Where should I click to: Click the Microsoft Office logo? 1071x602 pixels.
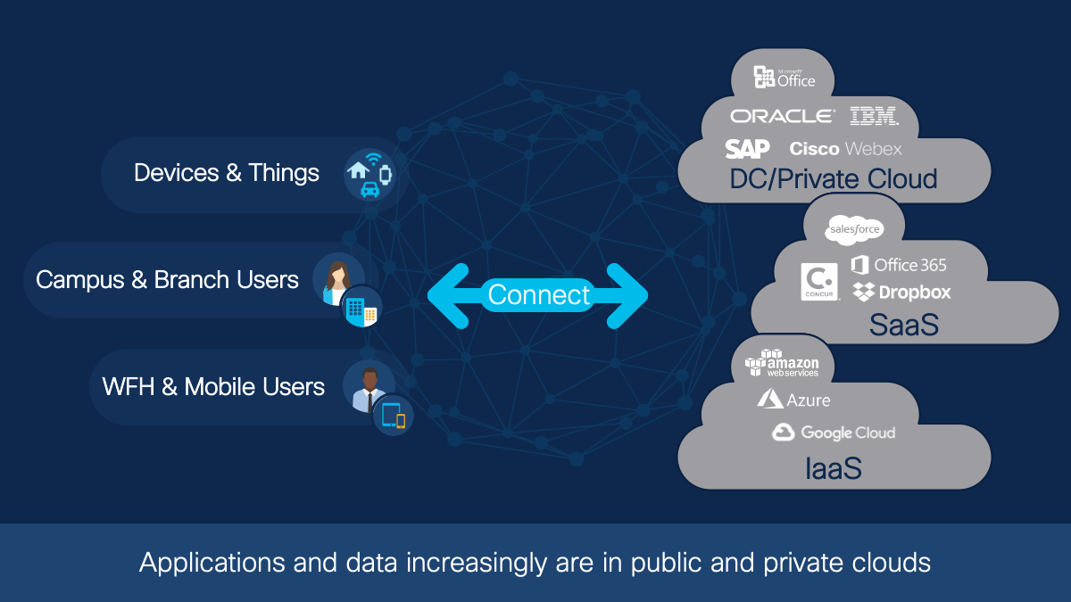785,78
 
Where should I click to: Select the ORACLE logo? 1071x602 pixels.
782,116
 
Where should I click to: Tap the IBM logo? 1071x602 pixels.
874,116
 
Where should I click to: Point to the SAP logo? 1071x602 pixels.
747,149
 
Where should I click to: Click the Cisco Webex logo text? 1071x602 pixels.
845,149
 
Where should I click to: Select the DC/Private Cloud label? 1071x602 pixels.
833,178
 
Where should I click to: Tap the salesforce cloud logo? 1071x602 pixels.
854,230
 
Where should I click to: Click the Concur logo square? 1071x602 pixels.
819,281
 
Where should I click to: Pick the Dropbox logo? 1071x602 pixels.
901,292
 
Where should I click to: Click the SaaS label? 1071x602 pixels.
903,325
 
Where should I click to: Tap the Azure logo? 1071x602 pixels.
793,400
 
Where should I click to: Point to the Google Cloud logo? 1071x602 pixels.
834,433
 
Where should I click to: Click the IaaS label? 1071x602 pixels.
833,467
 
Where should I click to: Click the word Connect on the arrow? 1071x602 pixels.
539,294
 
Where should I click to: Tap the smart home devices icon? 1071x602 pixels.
369,174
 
